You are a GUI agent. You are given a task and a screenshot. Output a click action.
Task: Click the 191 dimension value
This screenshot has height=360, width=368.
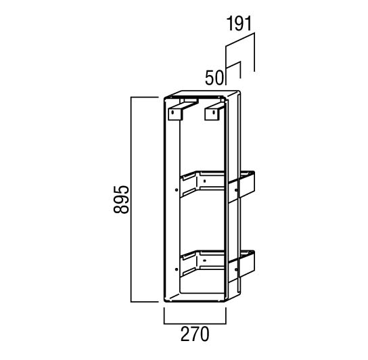click(239, 23)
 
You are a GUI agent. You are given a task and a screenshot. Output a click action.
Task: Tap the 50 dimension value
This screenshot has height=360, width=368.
click(214, 78)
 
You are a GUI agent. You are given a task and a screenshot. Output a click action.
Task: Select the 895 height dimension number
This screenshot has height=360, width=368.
click(121, 200)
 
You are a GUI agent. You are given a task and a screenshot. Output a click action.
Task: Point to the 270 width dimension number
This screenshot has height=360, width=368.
click(195, 334)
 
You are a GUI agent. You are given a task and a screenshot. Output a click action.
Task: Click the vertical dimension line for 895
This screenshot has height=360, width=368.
click(131, 199)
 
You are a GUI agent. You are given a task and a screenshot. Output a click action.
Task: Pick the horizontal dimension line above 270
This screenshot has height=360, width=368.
click(195, 323)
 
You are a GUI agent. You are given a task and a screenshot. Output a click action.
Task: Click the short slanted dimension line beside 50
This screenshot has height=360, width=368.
click(233, 65)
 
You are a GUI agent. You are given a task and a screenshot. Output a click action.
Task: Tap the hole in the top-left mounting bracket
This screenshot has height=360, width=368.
click(172, 112)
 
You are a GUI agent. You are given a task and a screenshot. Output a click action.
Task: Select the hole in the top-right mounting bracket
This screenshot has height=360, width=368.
click(213, 112)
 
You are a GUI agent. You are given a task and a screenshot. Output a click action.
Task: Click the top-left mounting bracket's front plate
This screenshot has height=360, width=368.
click(175, 114)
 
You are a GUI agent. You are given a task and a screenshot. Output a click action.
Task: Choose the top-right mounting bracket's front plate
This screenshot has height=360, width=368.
click(212, 114)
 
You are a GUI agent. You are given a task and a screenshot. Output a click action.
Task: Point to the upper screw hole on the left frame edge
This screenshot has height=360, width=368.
click(177, 189)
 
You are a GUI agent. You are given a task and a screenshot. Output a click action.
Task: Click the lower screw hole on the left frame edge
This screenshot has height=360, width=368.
click(177, 269)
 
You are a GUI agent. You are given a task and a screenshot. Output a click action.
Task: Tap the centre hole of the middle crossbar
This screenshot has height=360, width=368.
click(205, 181)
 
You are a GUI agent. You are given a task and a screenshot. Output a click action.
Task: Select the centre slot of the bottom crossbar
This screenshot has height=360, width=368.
click(205, 261)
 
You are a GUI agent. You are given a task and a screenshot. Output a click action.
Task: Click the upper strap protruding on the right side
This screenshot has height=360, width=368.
click(241, 187)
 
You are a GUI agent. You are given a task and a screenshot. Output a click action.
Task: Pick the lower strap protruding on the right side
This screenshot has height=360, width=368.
click(241, 267)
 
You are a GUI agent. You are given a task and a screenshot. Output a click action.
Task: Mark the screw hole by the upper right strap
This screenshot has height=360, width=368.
click(236, 189)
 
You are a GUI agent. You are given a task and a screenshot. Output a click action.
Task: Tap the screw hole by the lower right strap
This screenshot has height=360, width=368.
click(236, 269)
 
